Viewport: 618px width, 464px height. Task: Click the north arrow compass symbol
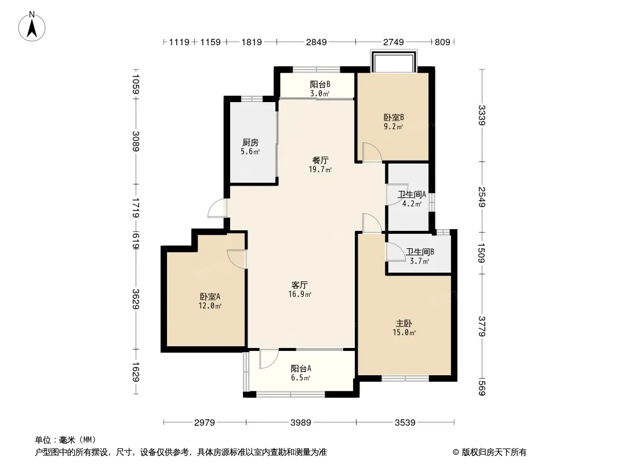point(32,27)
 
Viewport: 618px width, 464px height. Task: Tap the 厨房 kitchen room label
point(250,142)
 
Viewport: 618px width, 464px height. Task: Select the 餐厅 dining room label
point(320,161)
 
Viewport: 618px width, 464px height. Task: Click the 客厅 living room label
point(300,285)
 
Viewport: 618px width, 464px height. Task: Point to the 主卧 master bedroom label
point(404,323)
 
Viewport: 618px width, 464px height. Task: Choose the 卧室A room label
point(210,296)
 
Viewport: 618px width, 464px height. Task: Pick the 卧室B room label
point(394,118)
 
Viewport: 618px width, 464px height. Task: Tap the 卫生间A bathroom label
point(412,194)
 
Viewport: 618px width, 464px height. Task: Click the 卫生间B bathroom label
point(420,252)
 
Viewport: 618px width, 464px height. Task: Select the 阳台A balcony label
point(301,369)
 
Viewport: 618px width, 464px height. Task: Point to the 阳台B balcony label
point(320,84)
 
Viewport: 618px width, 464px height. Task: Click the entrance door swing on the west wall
point(217,208)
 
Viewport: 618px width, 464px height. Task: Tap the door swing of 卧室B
point(372,152)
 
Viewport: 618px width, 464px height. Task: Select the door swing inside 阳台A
point(269,359)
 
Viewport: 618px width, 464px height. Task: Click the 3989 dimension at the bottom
point(301,423)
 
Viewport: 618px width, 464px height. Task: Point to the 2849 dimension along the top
point(317,42)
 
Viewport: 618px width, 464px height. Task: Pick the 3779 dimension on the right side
point(482,327)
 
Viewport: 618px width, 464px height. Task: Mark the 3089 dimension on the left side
point(136,141)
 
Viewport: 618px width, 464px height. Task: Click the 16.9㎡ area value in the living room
point(300,294)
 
